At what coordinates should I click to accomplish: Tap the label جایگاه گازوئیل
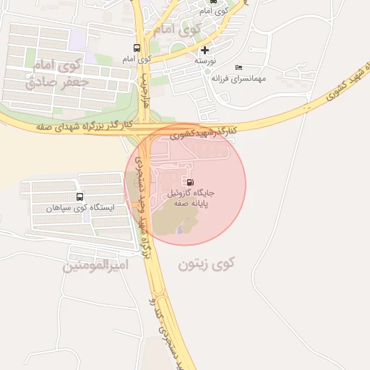point(192,194)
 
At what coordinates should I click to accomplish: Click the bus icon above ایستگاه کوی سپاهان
point(79,197)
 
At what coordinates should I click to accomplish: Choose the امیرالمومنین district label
point(95,265)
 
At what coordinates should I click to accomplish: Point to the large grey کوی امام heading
point(176,30)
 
